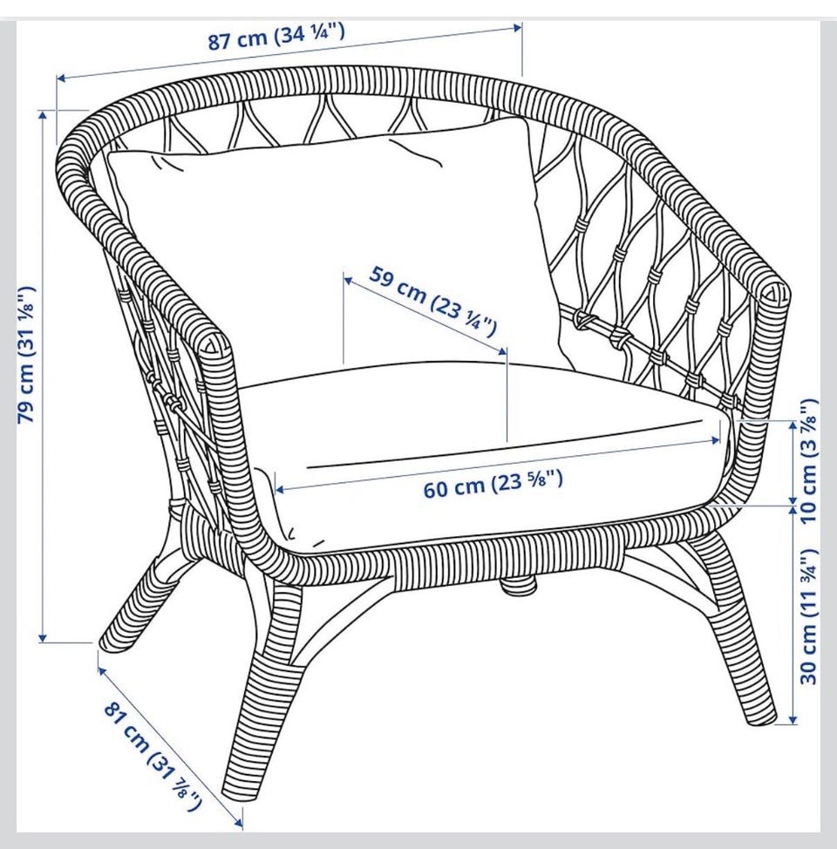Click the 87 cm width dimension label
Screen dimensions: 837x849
pos(276,37)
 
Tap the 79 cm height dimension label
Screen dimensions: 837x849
pos(27,355)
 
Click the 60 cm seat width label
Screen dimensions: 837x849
pos(493,484)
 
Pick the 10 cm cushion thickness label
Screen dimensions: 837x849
pos(807,460)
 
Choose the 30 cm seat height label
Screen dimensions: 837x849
pos(807,616)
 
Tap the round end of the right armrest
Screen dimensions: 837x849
pos(775,292)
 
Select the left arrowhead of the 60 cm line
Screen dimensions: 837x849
pos(280,490)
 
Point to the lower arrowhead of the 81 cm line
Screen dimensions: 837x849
pos(238,823)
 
